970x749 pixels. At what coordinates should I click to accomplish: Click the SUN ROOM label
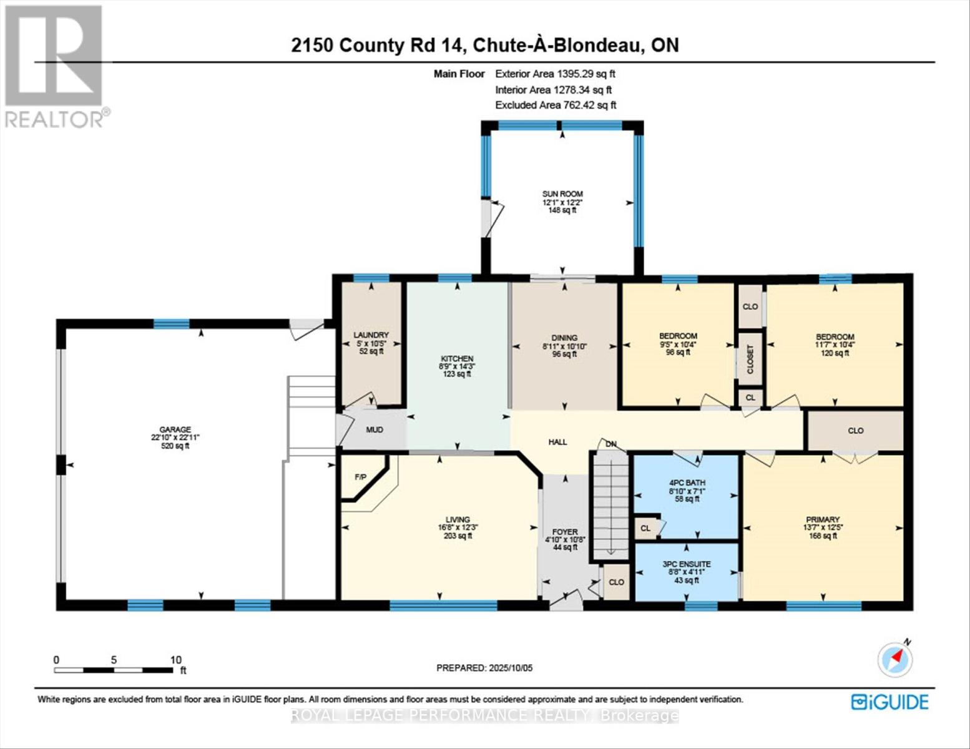562,194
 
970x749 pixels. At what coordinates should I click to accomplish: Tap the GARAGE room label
175,429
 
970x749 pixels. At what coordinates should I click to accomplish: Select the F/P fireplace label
360,477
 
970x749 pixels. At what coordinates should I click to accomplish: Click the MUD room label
375,429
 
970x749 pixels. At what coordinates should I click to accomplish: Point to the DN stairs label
611,444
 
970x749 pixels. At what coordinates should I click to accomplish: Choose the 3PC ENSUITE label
687,564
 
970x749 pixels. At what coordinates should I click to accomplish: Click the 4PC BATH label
687,482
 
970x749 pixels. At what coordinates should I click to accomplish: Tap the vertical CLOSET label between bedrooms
750,360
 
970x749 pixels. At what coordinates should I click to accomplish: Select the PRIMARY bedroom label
822,519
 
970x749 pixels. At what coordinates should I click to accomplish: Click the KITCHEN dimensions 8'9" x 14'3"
457,367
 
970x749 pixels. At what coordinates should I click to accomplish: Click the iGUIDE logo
889,702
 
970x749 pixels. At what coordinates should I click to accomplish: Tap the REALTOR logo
55,66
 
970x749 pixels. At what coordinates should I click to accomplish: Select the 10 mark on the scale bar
175,660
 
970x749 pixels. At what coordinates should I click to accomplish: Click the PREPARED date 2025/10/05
484,668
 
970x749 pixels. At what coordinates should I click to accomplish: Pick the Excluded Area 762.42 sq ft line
556,105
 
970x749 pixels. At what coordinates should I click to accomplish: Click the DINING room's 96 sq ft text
564,354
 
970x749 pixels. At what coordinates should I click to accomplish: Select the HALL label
557,442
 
